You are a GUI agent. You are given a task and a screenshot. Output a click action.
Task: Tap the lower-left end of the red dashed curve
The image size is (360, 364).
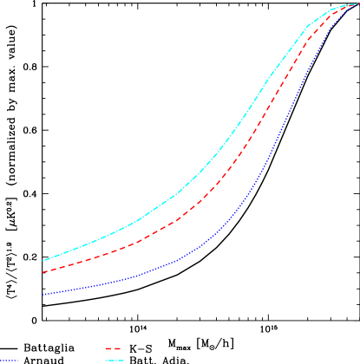pyautogui.click(x=43, y=272)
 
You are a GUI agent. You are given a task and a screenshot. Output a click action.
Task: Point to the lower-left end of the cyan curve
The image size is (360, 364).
pyautogui.click(x=43, y=260)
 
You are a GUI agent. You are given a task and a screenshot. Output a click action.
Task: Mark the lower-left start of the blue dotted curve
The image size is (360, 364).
pyautogui.click(x=43, y=295)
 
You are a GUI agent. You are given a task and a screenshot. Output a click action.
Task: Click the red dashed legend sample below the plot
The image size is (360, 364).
pyautogui.click(x=112, y=348)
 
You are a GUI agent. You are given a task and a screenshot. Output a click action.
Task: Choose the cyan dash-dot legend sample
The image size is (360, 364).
pyautogui.click(x=115, y=360)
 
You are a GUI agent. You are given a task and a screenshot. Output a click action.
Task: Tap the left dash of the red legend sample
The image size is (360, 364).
pyautogui.click(x=108, y=348)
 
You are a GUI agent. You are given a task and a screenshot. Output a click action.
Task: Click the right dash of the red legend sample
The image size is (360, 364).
pyautogui.click(x=116, y=348)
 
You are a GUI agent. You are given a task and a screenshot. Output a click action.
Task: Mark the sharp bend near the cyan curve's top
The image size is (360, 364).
pyautogui.click(x=330, y=11)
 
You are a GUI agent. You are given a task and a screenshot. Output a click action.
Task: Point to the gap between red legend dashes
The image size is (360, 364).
pyautogui.click(x=112, y=348)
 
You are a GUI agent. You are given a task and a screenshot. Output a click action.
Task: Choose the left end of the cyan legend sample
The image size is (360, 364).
pyautogui.click(x=106, y=360)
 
